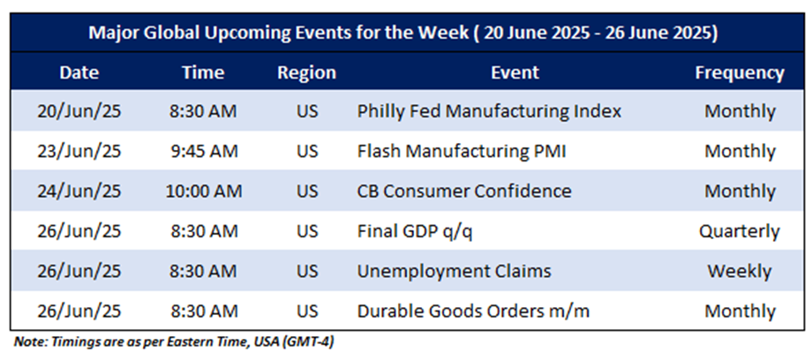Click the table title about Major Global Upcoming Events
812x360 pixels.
click(402, 34)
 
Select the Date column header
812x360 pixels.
click(79, 72)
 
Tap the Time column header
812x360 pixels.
click(203, 72)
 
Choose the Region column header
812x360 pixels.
click(306, 73)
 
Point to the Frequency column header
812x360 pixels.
click(740, 73)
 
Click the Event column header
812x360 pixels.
click(515, 72)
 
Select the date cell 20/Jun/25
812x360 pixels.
click(79, 111)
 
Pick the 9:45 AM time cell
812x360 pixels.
click(202, 151)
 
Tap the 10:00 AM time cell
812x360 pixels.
click(204, 191)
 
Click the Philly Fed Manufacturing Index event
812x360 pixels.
click(489, 111)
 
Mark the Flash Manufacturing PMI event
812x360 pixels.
click(461, 151)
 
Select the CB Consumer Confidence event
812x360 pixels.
click(464, 191)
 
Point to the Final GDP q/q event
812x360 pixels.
click(415, 231)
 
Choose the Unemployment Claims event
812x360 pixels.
click(454, 272)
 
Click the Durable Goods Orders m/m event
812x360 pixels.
click(473, 311)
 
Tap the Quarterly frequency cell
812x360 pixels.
click(740, 231)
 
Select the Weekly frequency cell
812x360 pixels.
click(740, 272)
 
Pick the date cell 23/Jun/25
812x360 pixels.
click(79, 151)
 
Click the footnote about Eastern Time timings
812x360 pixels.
click(174, 342)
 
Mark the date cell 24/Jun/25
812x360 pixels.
click(79, 191)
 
